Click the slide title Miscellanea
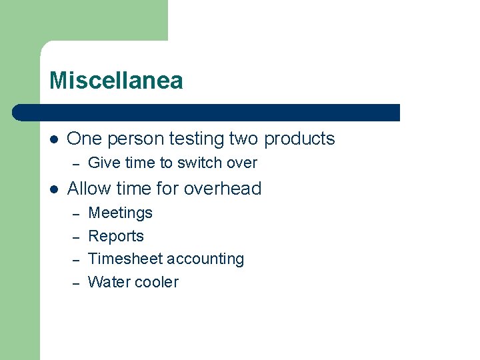coord(116,81)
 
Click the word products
coord(300,139)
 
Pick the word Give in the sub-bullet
coord(103,163)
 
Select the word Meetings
coord(121,213)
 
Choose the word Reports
coord(116,236)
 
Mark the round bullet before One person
coord(54,139)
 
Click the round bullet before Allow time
coord(54,189)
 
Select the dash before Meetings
coord(76,214)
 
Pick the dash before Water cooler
coord(76,283)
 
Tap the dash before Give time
coord(76,163)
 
